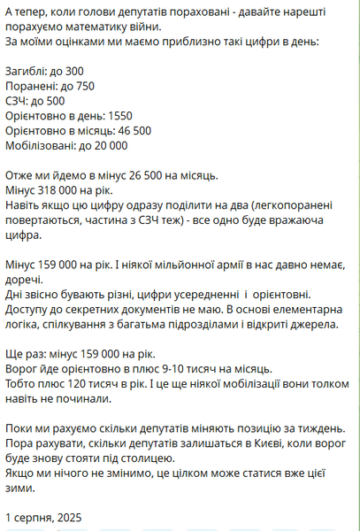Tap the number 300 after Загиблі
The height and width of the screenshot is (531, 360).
pyautogui.click(x=73, y=71)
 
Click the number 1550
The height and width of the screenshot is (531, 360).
pyautogui.click(x=118, y=116)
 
